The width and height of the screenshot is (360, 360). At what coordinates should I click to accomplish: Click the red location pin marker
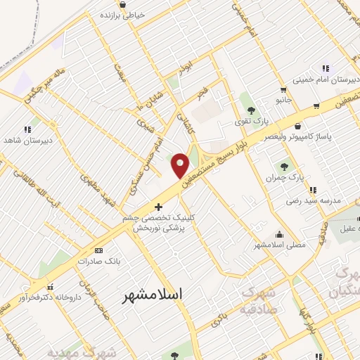181,165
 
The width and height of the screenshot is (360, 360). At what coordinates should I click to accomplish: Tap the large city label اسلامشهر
153,294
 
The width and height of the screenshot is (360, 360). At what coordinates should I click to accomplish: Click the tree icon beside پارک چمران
284,167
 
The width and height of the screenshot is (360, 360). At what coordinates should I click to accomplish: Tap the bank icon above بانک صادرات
98,250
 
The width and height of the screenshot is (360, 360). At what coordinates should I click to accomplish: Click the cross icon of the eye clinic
158,207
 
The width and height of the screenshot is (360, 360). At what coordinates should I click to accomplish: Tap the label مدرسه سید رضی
312,200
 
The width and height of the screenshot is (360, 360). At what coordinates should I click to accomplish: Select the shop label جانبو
283,101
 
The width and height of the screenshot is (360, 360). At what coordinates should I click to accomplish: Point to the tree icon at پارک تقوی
250,109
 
